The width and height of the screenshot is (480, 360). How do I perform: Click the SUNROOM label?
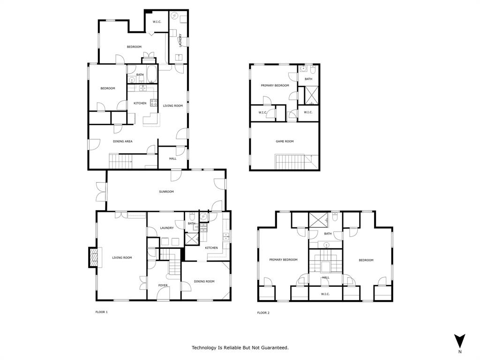point(166,192)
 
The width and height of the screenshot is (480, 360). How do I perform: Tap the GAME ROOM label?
point(285,141)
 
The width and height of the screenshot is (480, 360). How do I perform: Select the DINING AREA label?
point(122,141)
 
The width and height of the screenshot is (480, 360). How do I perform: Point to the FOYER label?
point(163,285)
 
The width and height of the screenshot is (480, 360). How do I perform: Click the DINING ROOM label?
point(204,281)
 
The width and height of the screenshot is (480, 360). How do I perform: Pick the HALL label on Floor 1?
point(173,159)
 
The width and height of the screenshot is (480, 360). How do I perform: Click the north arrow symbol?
point(460,341)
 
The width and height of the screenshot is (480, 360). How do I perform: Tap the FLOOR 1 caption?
point(102,312)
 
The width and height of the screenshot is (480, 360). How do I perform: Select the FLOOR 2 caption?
point(263,313)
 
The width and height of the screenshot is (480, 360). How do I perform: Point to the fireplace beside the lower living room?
point(94,258)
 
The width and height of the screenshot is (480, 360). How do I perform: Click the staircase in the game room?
point(291,162)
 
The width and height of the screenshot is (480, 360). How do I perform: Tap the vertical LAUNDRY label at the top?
point(180,40)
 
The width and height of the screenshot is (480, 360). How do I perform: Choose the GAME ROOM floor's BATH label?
point(308,79)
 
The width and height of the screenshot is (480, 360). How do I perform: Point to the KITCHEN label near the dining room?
point(211,247)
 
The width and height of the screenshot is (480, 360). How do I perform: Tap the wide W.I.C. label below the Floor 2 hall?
point(325,294)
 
